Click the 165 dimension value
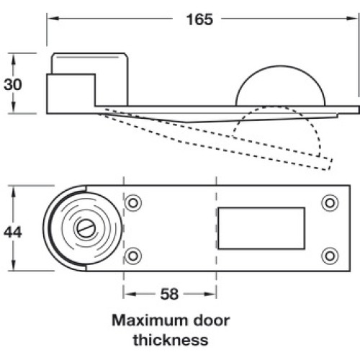199,19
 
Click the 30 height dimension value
13,84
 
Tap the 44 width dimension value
13,232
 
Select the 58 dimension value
169,294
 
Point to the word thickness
171,340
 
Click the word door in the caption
212,320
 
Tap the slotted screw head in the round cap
86,228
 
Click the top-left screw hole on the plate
133,203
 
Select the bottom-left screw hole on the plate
133,256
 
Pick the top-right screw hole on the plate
330,203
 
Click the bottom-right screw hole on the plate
330,256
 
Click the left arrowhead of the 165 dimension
53,19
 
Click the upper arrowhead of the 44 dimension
14,192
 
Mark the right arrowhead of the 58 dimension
210,294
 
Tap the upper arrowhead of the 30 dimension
14,59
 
